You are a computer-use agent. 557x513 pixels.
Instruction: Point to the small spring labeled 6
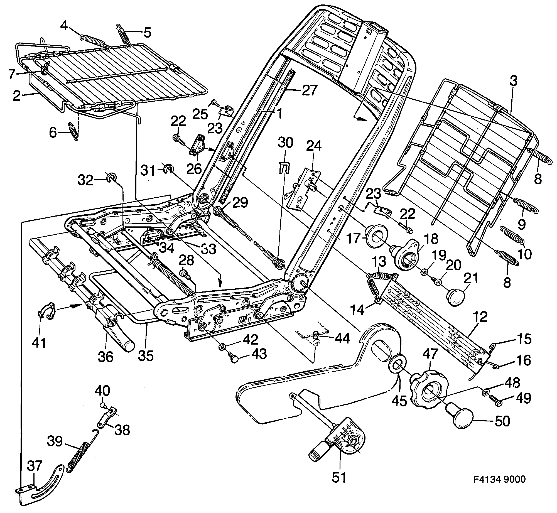point(73,131)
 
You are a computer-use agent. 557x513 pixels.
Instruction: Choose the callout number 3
point(514,82)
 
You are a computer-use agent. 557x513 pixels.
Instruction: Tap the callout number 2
point(16,97)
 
